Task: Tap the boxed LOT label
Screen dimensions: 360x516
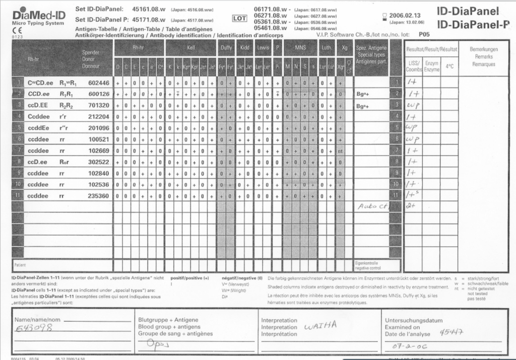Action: (239, 18)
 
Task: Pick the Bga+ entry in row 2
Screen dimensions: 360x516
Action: (363, 94)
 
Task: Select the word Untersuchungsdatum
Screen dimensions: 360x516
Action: (414, 320)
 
